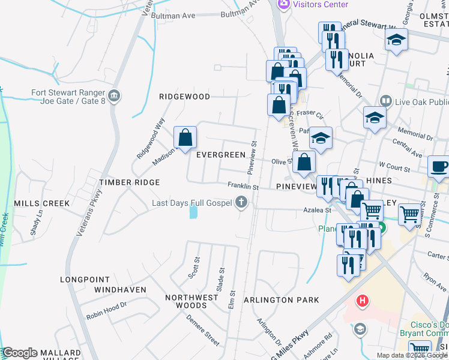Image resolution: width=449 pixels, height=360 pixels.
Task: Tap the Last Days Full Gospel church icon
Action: click(x=242, y=203)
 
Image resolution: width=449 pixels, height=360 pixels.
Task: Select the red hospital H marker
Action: click(x=363, y=301)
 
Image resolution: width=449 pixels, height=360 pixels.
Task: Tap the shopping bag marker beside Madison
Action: click(x=185, y=137)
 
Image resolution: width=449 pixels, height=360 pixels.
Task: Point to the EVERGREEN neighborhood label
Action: click(x=220, y=155)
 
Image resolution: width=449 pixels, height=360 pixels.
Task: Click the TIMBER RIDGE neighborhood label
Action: click(x=130, y=182)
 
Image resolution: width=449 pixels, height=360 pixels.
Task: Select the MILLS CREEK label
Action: click(x=42, y=203)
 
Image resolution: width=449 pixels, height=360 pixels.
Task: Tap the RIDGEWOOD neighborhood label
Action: click(x=184, y=97)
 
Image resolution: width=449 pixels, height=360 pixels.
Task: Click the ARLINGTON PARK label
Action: click(x=281, y=300)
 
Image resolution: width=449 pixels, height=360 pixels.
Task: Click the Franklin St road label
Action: click(x=242, y=187)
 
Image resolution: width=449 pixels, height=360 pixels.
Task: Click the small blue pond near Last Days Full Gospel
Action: click(x=193, y=212)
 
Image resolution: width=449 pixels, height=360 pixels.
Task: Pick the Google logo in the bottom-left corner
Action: click(x=20, y=353)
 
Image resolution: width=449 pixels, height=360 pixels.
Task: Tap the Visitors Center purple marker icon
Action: click(x=283, y=4)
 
